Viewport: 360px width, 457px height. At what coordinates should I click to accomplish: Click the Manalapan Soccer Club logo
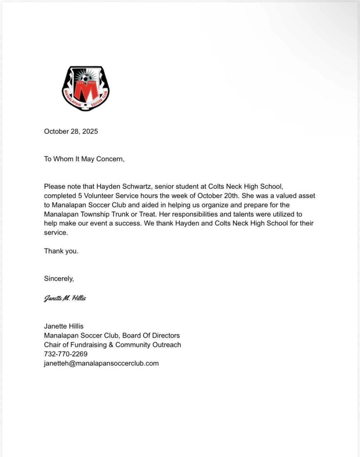pos(86,88)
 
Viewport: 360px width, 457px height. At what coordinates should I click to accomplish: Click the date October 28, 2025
pos(71,131)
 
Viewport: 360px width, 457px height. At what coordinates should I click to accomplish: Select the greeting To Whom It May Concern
pos(84,159)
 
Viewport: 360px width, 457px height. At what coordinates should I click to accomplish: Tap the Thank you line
pos(61,251)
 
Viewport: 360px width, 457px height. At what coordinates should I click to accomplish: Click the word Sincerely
pos(59,279)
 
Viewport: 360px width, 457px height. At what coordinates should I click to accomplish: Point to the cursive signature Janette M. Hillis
pos(65,298)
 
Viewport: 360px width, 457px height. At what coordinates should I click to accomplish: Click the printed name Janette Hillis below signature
pos(64,326)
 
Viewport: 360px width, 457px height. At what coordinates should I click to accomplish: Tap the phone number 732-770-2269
pos(66,354)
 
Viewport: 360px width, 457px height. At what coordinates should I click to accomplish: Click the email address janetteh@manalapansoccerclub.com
pos(101,363)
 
